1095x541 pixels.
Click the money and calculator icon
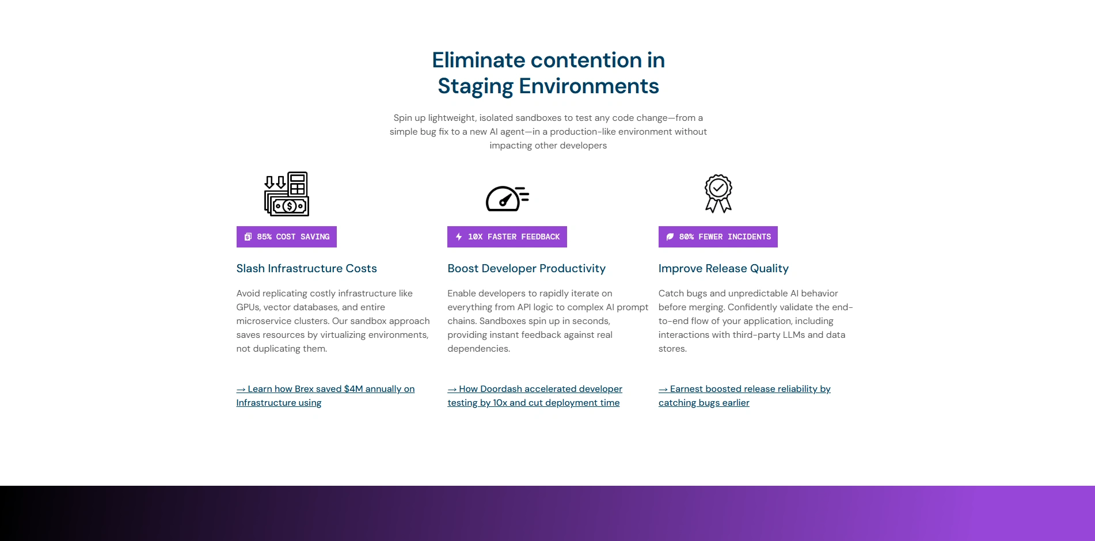pos(287,194)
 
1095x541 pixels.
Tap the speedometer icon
pos(507,199)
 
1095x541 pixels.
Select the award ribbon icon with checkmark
pos(718,193)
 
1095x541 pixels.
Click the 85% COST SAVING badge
pos(287,237)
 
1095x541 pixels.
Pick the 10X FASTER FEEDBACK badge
pos(507,237)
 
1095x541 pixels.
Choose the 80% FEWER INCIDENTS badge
pos(718,237)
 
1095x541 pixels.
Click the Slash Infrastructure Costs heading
pos(306,268)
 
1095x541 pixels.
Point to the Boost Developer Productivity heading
pos(526,268)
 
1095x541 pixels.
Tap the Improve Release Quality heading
pos(724,268)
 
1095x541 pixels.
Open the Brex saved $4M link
pos(325,396)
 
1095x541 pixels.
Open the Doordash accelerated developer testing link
pos(535,396)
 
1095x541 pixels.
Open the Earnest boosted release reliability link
pos(744,396)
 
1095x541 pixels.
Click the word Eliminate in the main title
pos(478,60)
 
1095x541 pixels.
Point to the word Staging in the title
pos(476,86)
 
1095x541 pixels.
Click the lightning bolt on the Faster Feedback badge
pos(459,237)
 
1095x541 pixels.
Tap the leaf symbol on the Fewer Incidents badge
pos(670,237)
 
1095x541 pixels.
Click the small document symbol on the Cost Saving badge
pos(248,237)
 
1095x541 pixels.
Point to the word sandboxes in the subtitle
pos(538,118)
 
